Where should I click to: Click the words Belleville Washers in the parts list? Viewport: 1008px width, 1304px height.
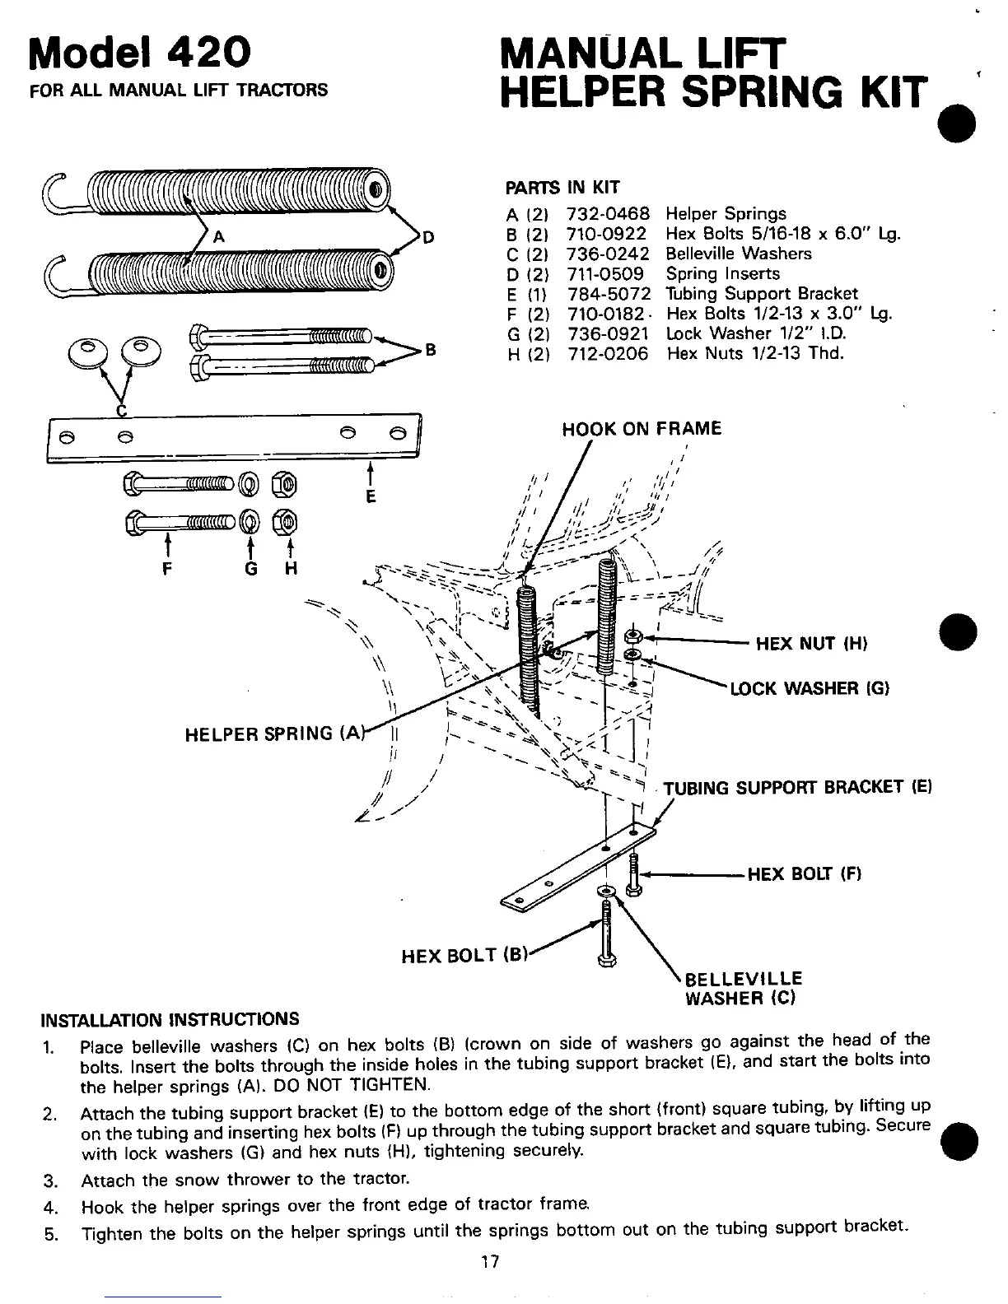point(738,254)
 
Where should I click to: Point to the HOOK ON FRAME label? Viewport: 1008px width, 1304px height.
point(641,428)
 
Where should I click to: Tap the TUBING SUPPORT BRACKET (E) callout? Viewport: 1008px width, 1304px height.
point(796,786)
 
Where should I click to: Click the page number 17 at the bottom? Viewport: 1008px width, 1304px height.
point(491,1262)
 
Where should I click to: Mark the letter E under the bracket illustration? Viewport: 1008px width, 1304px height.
point(371,496)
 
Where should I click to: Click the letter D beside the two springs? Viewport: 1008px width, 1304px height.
point(427,239)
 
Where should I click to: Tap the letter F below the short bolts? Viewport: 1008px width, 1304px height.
point(168,569)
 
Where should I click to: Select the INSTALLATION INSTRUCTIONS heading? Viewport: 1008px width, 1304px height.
point(170,1019)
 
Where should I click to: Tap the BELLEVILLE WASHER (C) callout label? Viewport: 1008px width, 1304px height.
point(743,989)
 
